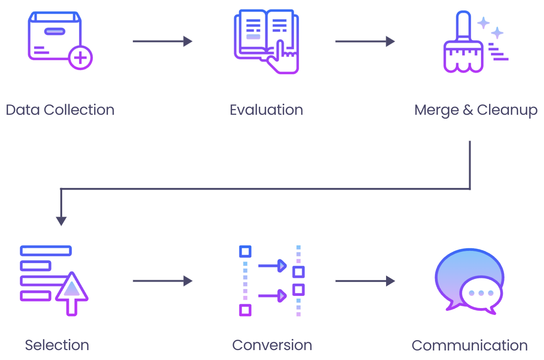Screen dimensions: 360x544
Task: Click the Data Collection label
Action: coord(60,110)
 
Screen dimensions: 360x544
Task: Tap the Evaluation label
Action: coord(266,110)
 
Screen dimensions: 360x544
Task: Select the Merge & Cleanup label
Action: coord(476,110)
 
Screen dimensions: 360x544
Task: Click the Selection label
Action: coord(57,345)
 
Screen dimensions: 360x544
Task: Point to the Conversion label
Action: coord(272,345)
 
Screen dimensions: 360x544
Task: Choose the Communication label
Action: coord(470,346)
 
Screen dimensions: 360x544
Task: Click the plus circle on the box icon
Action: coord(80,58)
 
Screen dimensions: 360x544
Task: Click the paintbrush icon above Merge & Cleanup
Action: coord(464,44)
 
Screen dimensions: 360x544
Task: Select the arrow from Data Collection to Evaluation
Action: coord(162,41)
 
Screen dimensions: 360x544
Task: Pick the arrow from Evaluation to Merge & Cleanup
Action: coord(365,41)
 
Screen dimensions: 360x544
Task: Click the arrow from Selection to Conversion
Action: coord(162,281)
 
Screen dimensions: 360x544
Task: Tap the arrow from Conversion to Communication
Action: coord(365,281)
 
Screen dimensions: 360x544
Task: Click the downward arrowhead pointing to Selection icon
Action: coord(61,221)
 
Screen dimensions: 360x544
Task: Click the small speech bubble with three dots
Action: coord(481,293)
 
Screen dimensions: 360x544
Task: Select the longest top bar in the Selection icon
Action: coord(46,251)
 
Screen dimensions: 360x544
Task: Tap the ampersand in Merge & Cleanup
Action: coord(468,110)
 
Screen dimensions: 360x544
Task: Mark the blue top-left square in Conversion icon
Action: coord(245,251)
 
